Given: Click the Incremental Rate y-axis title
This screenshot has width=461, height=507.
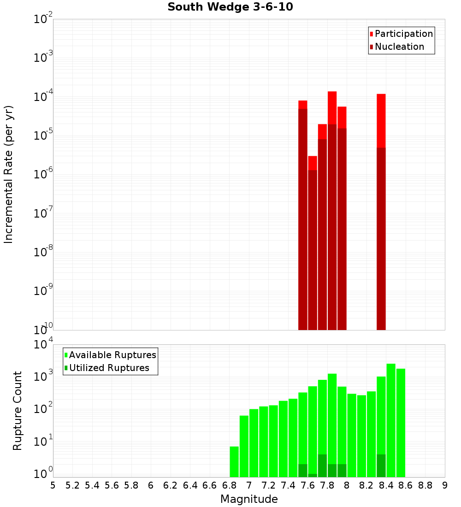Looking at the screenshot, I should point(9,174).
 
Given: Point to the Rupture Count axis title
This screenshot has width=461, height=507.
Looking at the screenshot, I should point(18,411).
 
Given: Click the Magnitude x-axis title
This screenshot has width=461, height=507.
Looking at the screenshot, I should point(249,499).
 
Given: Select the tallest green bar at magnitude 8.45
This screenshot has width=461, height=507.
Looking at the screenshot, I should point(391,419).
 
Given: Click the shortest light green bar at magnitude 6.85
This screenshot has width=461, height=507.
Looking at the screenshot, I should point(234,461).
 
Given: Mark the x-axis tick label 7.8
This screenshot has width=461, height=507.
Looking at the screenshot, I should point(327,485).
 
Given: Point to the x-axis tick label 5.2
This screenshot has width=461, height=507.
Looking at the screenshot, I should point(72,485).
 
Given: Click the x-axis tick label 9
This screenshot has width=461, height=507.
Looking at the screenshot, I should point(445,485).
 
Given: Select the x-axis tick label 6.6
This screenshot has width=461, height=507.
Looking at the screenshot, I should point(210,485).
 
